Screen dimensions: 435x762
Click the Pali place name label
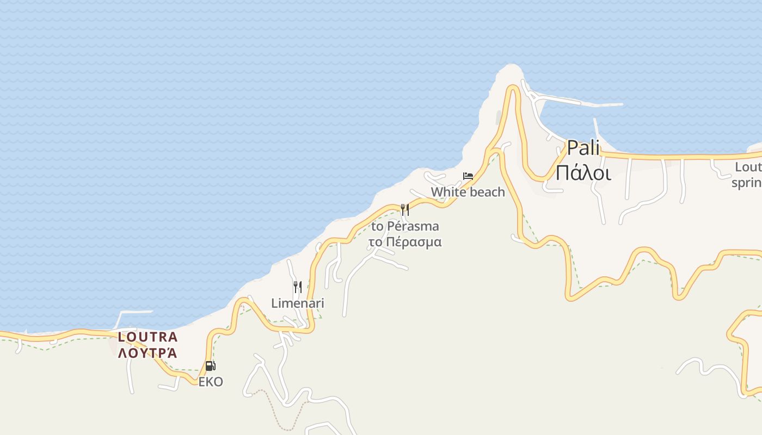[x=583, y=147]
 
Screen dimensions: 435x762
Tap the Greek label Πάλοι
[x=583, y=172]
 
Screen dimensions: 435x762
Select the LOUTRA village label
[x=148, y=337]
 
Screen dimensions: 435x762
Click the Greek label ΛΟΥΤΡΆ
[x=148, y=353]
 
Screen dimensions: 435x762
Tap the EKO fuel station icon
[x=210, y=366]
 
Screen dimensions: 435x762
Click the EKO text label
[x=210, y=382]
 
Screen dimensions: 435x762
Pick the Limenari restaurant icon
[x=297, y=287]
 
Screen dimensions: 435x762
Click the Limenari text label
[x=297, y=303]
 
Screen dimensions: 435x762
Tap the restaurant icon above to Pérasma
[x=404, y=209]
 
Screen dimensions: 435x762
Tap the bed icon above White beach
[x=468, y=176]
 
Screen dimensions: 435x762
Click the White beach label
[x=468, y=192]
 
